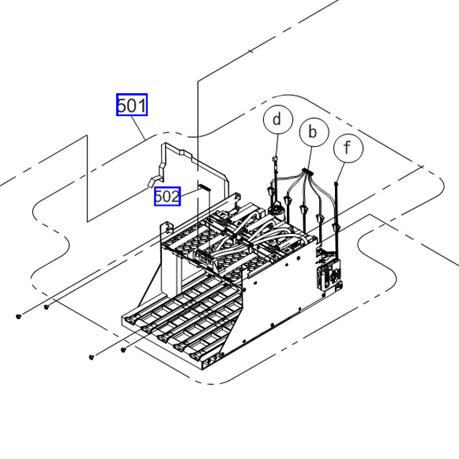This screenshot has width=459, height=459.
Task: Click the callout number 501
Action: tap(132, 105)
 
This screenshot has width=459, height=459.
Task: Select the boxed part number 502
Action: tap(167, 195)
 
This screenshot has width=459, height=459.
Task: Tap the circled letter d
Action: tap(278, 119)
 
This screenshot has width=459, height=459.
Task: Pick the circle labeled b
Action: tap(312, 132)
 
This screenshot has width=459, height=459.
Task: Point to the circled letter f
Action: tap(349, 148)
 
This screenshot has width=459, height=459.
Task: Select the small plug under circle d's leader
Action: tap(275, 161)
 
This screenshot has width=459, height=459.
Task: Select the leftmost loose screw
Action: tap(18, 316)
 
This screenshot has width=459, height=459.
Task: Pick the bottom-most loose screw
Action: tap(92, 356)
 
